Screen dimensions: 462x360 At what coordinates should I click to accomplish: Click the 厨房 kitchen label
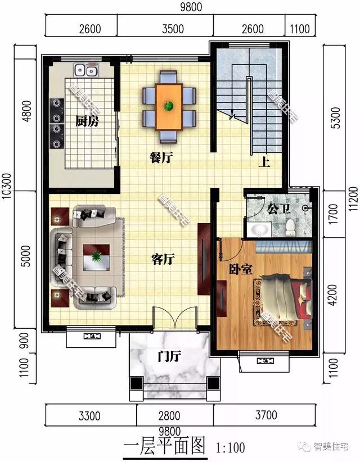coord(87,120)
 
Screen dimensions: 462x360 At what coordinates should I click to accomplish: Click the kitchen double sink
coord(85,70)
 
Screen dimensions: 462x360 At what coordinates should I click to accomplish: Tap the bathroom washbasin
coord(259,229)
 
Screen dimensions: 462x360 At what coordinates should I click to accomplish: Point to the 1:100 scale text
coord(231,448)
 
